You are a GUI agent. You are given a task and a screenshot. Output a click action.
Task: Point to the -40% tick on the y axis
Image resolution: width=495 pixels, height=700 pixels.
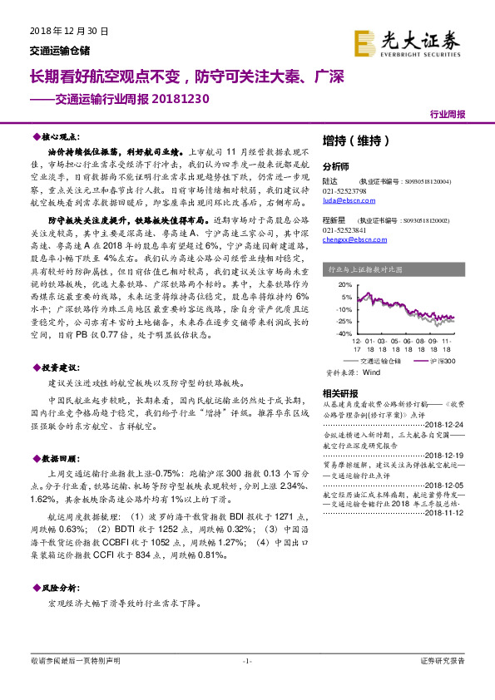click(341, 333)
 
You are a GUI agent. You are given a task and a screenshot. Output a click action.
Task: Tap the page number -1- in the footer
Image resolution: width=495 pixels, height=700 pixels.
click(246, 661)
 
